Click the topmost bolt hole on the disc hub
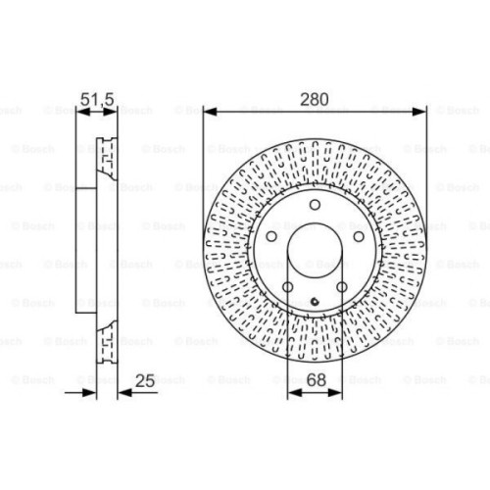coord(316,205)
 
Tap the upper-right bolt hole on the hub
coord(359,237)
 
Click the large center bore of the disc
coord(316,253)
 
